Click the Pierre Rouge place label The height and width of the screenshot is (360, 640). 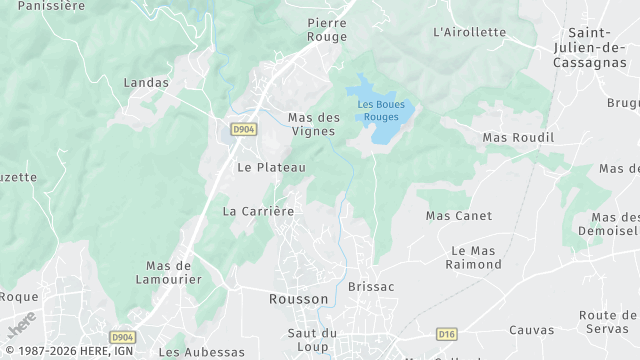coord(327,30)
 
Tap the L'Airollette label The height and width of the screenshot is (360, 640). coord(470,32)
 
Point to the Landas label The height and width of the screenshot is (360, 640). coord(146,82)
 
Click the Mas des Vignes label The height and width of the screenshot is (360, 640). coord(314,124)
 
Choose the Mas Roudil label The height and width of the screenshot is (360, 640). coord(518,137)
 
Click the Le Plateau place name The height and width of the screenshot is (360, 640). coord(271,168)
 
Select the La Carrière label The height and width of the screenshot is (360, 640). coord(258,211)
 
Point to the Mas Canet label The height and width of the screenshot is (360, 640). coord(459,216)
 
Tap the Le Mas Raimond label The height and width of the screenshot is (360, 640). coord(476,257)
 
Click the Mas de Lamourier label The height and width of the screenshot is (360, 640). coord(169,273)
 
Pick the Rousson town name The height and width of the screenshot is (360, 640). coord(298,299)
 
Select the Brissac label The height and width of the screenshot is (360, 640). coord(371,287)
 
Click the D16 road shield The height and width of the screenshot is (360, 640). coord(447,334)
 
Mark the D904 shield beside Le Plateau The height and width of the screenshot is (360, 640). coord(242,130)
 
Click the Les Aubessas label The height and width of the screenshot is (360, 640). coord(202,352)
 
